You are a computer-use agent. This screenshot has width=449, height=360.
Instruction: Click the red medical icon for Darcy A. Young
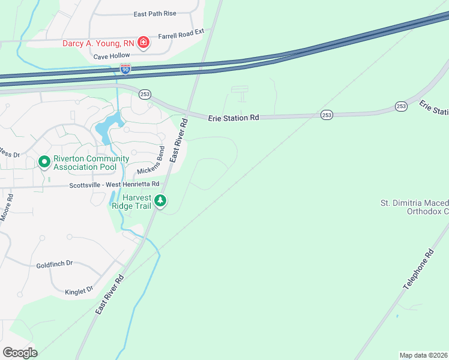point(143,42)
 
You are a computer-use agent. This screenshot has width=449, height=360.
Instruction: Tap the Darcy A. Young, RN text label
point(99,43)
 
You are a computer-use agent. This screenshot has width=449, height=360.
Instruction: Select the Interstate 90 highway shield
point(125,69)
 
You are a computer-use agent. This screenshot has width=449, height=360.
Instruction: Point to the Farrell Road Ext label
point(181,36)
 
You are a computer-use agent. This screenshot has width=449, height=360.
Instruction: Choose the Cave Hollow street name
point(112,56)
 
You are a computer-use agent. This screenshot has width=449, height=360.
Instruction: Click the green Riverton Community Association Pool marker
point(44,162)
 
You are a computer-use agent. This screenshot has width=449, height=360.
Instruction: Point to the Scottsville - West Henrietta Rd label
point(114,184)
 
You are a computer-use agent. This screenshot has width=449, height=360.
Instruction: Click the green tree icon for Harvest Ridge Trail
point(160,201)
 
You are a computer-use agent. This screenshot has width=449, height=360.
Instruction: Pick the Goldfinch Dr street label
point(54,263)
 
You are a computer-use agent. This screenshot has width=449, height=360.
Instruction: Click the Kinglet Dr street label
point(79,290)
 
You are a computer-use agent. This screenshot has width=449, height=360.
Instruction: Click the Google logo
point(20,353)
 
